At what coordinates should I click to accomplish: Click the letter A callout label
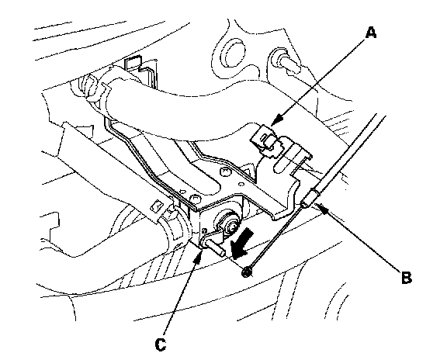(371, 33)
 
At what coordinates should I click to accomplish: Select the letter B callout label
(406, 277)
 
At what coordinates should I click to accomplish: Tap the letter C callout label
(161, 344)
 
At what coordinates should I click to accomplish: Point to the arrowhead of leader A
(275, 120)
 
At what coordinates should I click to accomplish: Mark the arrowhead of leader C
(200, 254)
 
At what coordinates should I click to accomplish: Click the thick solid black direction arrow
(242, 244)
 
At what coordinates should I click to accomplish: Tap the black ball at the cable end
(246, 272)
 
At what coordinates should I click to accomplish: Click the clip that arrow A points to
(265, 139)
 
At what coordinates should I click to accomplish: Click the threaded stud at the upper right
(285, 61)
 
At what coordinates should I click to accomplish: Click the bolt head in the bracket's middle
(225, 172)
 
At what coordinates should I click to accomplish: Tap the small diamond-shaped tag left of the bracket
(158, 205)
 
